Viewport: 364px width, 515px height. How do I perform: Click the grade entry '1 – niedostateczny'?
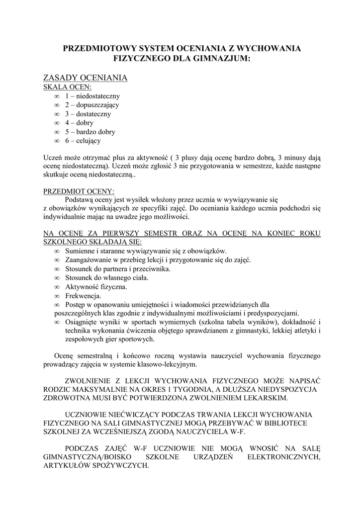coord(92,96)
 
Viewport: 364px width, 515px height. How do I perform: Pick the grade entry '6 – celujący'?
coord(82,141)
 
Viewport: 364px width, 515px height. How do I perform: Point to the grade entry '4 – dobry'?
coord(79,123)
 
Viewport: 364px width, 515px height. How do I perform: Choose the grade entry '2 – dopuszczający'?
coord(92,105)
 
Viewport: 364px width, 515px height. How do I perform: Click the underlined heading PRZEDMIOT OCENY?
coord(79,191)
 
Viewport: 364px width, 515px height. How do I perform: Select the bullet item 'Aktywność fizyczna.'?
coord(96,287)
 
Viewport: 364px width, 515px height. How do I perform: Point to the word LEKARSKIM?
coord(264,397)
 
